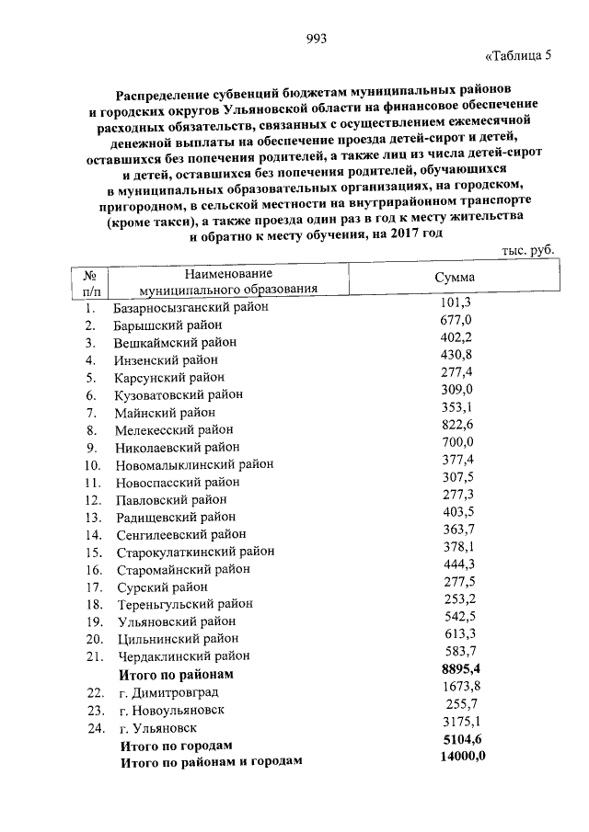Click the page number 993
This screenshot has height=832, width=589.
pos(316,38)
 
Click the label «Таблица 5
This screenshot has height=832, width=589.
pos(517,54)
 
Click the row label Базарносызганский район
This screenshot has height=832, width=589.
pos(191,307)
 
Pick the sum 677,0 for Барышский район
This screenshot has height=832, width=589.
pos(456,319)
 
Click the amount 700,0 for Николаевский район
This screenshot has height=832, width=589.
pos(456,442)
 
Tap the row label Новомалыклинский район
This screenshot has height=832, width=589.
pos(194,464)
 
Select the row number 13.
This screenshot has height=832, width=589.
pos(92,517)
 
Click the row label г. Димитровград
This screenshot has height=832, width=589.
pos(172,692)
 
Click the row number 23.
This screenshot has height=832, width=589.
pos(92,710)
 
